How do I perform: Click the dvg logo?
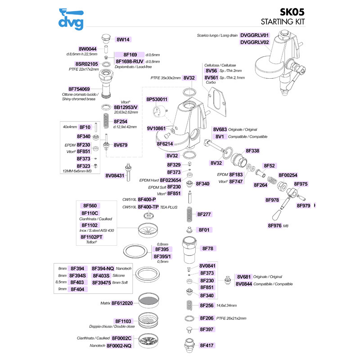point(71,19)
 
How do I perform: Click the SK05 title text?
point(292,12)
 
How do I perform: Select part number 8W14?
point(123,40)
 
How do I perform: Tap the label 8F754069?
point(79,89)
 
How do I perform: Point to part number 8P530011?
point(157,99)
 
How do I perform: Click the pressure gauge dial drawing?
point(159,111)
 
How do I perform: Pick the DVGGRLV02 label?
point(254,42)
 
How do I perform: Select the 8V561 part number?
point(211,77)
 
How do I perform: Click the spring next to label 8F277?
point(189,214)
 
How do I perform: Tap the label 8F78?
point(207,248)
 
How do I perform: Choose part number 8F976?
point(274,226)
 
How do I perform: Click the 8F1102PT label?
point(91,237)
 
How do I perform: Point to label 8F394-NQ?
point(103,269)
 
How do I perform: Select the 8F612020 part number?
point(122,303)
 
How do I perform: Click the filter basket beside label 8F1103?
point(148,319)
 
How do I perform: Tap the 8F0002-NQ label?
point(119,346)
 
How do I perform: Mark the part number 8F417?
point(207,345)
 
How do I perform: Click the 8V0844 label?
point(244,284)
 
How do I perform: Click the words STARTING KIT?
point(283,22)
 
